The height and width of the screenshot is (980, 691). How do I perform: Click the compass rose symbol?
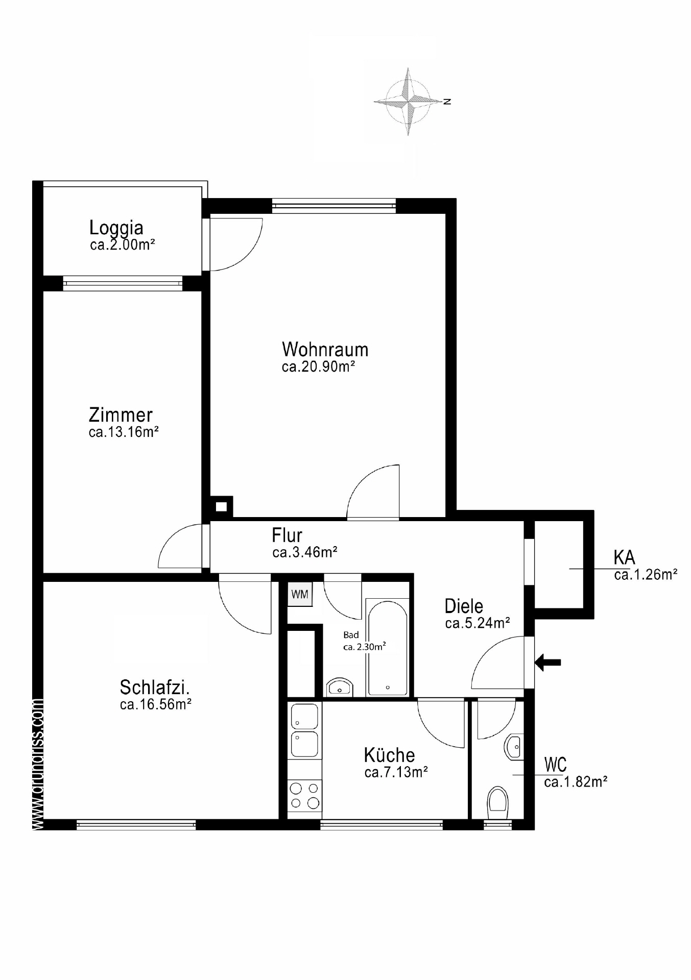point(408,102)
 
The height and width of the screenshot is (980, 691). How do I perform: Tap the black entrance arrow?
point(547,663)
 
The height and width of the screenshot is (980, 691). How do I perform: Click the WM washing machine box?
point(300,594)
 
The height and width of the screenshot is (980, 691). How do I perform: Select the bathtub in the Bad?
point(388,648)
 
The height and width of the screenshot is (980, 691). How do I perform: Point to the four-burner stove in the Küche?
point(305,796)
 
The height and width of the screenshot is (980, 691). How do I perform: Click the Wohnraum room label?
point(325,350)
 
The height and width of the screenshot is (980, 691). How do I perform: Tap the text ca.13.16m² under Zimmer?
point(124,432)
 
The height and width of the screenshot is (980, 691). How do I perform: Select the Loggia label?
point(116,227)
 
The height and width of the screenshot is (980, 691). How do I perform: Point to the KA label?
point(624,557)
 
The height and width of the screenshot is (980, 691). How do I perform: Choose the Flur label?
point(287,535)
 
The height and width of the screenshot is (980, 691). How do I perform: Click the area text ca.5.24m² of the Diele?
point(478,623)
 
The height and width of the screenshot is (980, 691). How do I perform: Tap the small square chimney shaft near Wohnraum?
point(221,507)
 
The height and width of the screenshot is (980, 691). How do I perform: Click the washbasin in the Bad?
point(339,687)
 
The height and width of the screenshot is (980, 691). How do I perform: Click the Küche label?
point(389,755)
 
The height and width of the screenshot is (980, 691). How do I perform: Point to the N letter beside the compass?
point(447,102)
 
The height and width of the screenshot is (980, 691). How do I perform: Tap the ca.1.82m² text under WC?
point(576,782)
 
